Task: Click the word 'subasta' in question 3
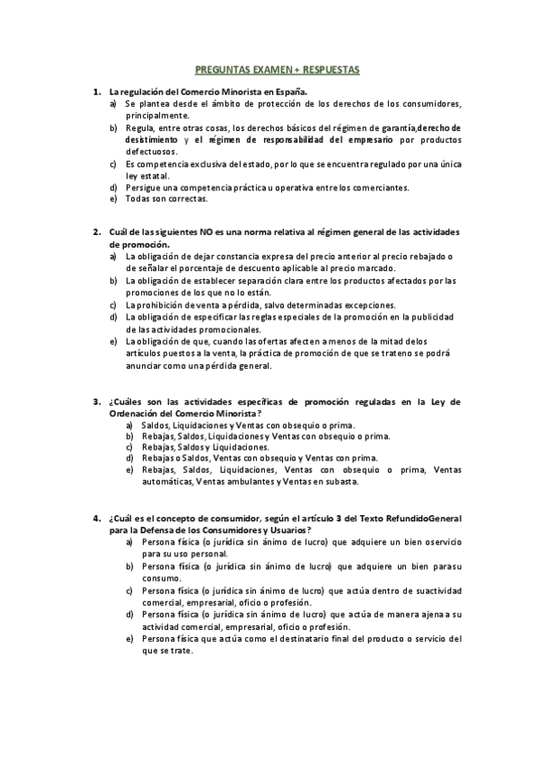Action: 339,481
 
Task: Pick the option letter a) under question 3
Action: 130,424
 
